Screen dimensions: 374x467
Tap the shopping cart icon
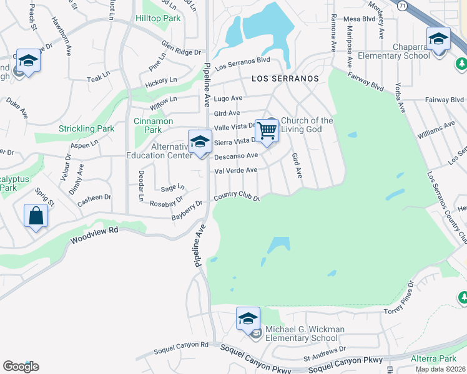(x=267, y=131)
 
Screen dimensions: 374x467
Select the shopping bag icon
(x=36, y=216)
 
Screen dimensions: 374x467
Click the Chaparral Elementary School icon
(x=438, y=39)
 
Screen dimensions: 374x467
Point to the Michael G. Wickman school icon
(x=248, y=319)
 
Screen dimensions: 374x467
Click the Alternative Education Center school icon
(x=200, y=141)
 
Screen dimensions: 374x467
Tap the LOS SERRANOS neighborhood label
(x=285, y=79)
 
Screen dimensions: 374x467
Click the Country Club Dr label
(x=237, y=196)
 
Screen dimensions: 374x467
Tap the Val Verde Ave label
(x=236, y=170)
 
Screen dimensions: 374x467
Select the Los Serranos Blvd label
(x=242, y=63)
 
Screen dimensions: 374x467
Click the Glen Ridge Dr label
(x=181, y=48)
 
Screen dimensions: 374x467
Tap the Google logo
(x=21, y=366)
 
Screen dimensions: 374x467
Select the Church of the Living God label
(x=307, y=125)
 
